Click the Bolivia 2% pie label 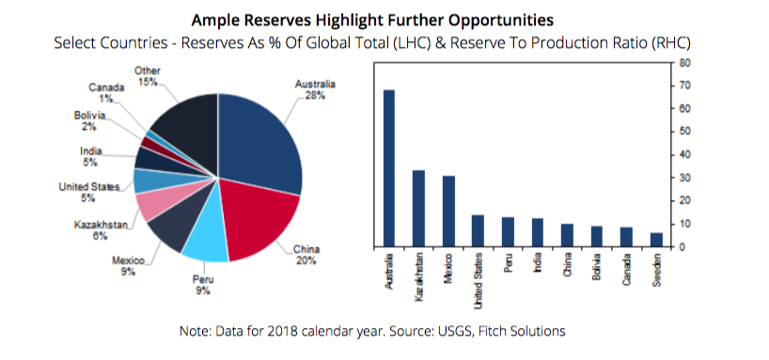(x=89, y=121)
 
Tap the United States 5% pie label (x=88, y=193)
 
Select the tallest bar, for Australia (x=389, y=168)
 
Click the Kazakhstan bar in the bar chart (x=419, y=209)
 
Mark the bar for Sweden (x=657, y=240)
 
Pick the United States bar (x=479, y=231)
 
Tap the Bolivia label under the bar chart (x=596, y=266)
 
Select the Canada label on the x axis (x=626, y=268)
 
